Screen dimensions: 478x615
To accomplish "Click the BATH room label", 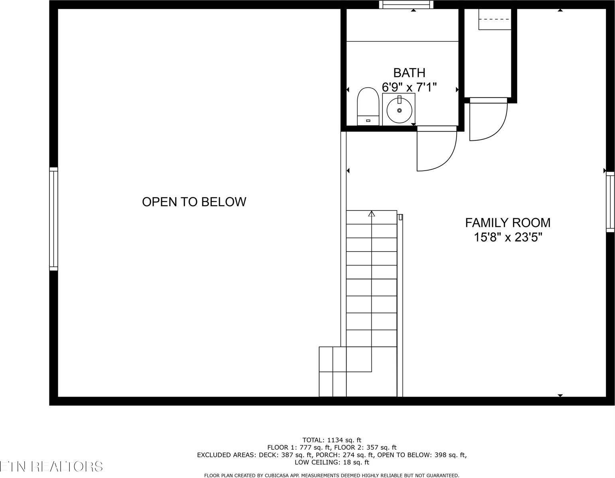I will (x=409, y=73).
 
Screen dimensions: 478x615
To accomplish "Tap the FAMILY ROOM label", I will (x=508, y=222).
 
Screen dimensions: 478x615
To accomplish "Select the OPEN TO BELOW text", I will (x=194, y=202).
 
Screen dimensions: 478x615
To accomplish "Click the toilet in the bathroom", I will (x=368, y=106).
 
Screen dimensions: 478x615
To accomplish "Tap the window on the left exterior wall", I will (x=53, y=219).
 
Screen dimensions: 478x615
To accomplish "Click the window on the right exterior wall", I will (x=610, y=202).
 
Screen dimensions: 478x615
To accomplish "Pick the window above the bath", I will (x=406, y=4).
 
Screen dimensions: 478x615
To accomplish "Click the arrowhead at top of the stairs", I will (x=372, y=214).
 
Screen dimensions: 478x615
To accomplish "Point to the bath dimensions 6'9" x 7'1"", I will (x=409, y=87).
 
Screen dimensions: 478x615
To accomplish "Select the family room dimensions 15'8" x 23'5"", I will (x=508, y=238).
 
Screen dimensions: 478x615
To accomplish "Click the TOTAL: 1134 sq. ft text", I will (x=332, y=440).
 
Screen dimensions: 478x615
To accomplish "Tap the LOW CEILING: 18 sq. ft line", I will (x=332, y=462).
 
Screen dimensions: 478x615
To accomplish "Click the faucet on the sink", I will (x=399, y=100).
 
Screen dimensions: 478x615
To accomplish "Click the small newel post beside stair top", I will (x=400, y=217).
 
